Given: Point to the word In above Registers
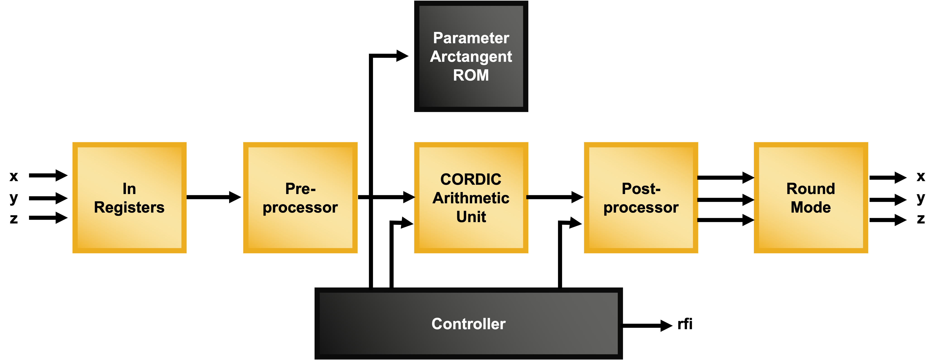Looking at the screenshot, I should pos(129,189).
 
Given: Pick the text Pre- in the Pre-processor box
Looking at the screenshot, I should pos(300,189).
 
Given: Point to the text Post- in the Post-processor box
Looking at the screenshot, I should pos(641,189).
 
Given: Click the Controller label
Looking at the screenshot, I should pos(468,324).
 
